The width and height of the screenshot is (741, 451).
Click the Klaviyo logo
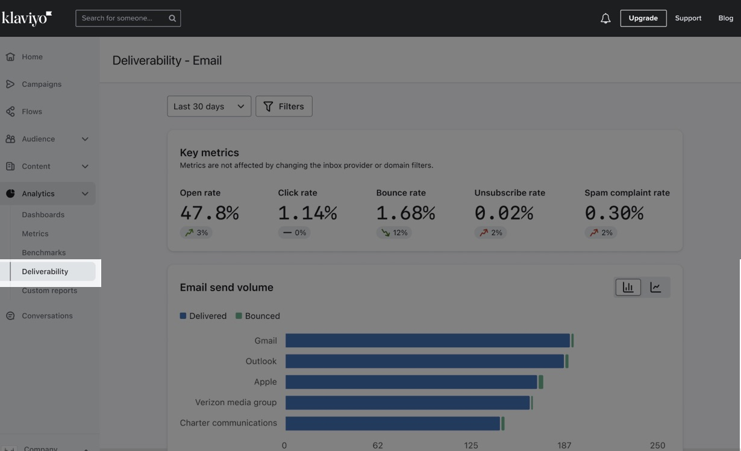click(x=27, y=18)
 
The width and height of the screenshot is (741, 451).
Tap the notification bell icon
click(x=605, y=19)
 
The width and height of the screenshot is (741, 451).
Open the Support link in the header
click(x=688, y=18)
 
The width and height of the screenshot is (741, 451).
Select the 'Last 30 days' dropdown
click(x=209, y=106)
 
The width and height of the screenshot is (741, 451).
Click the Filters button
click(x=284, y=106)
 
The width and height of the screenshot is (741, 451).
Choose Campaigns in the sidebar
click(x=42, y=84)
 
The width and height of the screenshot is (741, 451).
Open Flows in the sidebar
click(x=32, y=112)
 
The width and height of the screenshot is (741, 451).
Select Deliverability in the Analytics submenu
click(x=45, y=271)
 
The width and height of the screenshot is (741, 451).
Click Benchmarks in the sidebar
click(x=44, y=253)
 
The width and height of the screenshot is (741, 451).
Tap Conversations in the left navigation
click(x=47, y=316)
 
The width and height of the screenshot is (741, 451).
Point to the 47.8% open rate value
click(x=209, y=213)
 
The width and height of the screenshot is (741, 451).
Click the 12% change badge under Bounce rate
click(x=394, y=233)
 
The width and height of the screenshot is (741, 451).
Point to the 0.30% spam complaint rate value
click(x=614, y=213)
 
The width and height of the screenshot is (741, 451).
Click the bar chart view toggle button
click(x=628, y=288)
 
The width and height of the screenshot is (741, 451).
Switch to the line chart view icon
click(x=655, y=288)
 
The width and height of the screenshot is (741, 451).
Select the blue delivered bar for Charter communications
click(x=393, y=423)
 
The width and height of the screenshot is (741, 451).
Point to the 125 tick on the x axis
click(x=471, y=446)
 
